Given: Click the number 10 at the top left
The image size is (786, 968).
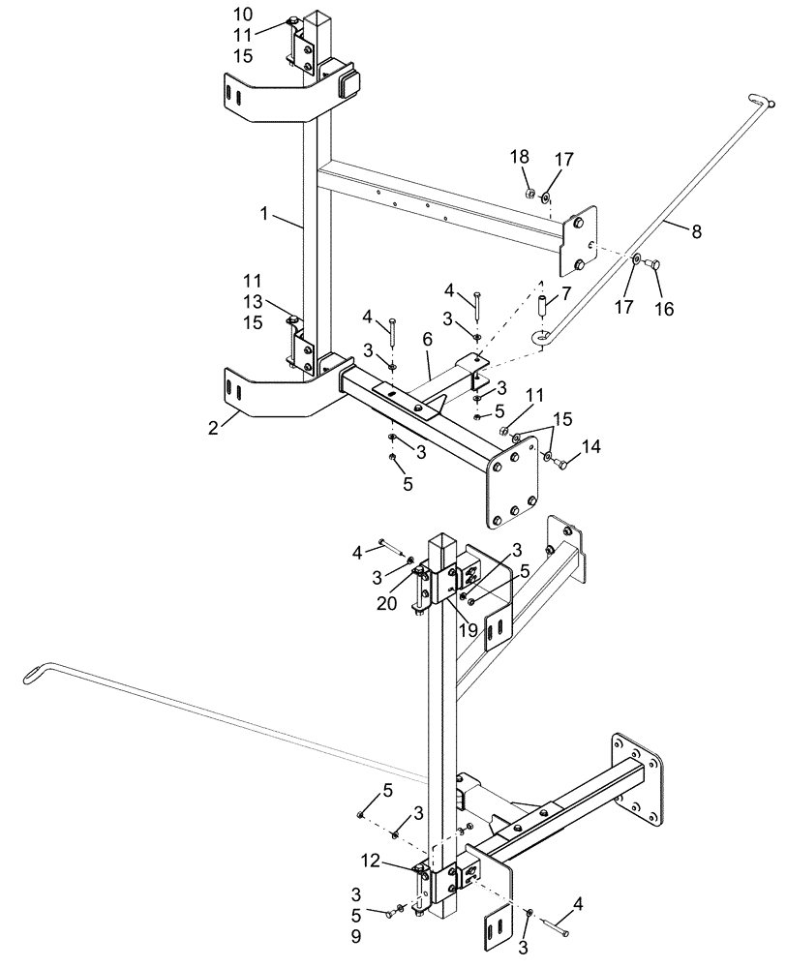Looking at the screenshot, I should pyautogui.click(x=243, y=15).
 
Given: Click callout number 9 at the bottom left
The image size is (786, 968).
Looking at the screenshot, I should pyautogui.click(x=357, y=938).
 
